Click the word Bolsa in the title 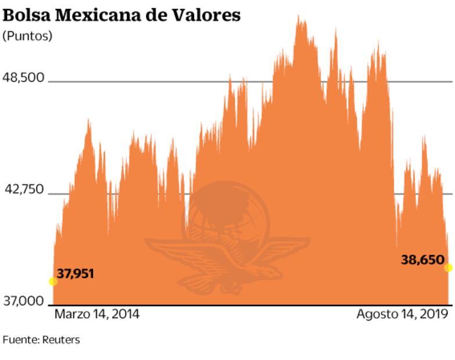click(24, 15)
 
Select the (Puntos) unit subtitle click(27, 36)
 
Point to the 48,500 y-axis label click(24, 78)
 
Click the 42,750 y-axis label click(24, 190)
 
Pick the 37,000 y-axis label click(24, 302)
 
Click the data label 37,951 click(75, 273)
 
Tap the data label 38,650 click(422, 260)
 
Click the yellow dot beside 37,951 click(53, 282)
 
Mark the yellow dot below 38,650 click(448, 268)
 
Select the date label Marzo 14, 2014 click(97, 315)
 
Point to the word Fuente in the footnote click(20, 340)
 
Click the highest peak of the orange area click(299, 17)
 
